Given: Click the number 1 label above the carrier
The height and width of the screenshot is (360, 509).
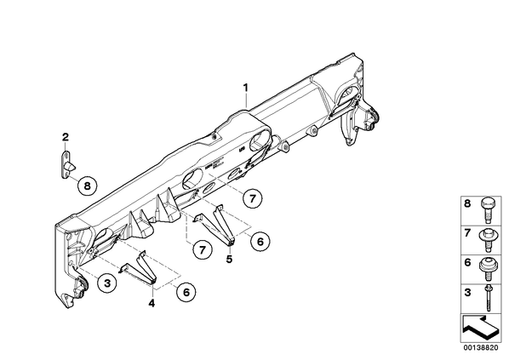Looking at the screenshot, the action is (x=246, y=88).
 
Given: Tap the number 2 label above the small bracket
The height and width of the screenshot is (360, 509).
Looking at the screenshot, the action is (x=66, y=137).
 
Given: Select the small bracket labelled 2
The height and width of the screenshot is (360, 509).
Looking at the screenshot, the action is (x=66, y=165).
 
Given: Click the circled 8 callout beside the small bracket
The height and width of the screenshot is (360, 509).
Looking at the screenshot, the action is (x=87, y=186).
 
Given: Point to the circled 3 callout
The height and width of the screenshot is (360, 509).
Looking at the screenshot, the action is (x=107, y=283).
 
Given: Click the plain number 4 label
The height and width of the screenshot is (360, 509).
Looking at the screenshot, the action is (x=152, y=304).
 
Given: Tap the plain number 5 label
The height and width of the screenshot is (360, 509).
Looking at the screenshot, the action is (x=230, y=259).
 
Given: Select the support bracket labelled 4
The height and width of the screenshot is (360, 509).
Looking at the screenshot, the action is (x=139, y=268).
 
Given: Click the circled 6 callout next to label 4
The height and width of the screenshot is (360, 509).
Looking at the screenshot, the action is (x=186, y=292).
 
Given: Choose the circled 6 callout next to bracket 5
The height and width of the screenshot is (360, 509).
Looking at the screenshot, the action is (x=260, y=241).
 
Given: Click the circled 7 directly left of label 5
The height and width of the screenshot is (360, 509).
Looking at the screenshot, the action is (x=203, y=249).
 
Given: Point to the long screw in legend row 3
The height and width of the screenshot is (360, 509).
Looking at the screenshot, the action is (x=488, y=298).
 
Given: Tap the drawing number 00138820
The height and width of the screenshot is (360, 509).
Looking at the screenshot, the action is (x=480, y=348).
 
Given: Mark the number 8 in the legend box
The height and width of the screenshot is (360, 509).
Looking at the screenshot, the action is (x=467, y=204).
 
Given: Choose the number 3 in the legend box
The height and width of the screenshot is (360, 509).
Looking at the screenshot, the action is (x=467, y=293).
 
